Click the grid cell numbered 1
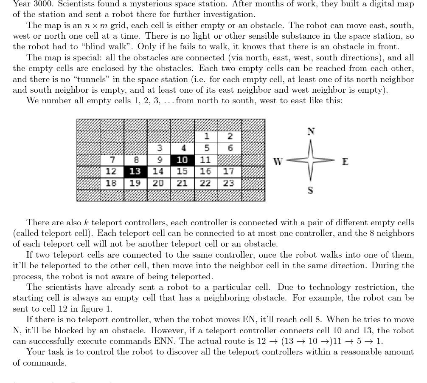point(206,136)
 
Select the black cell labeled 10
point(182,160)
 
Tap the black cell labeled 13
point(135,171)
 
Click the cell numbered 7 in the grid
point(112,160)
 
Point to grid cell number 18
point(111,183)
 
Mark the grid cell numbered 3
point(159,148)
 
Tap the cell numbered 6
point(230,148)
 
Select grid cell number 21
point(182,183)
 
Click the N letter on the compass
point(311,131)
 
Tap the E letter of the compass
point(345,162)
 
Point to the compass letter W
point(278,162)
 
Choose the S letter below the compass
point(310,190)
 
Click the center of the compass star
point(311,161)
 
